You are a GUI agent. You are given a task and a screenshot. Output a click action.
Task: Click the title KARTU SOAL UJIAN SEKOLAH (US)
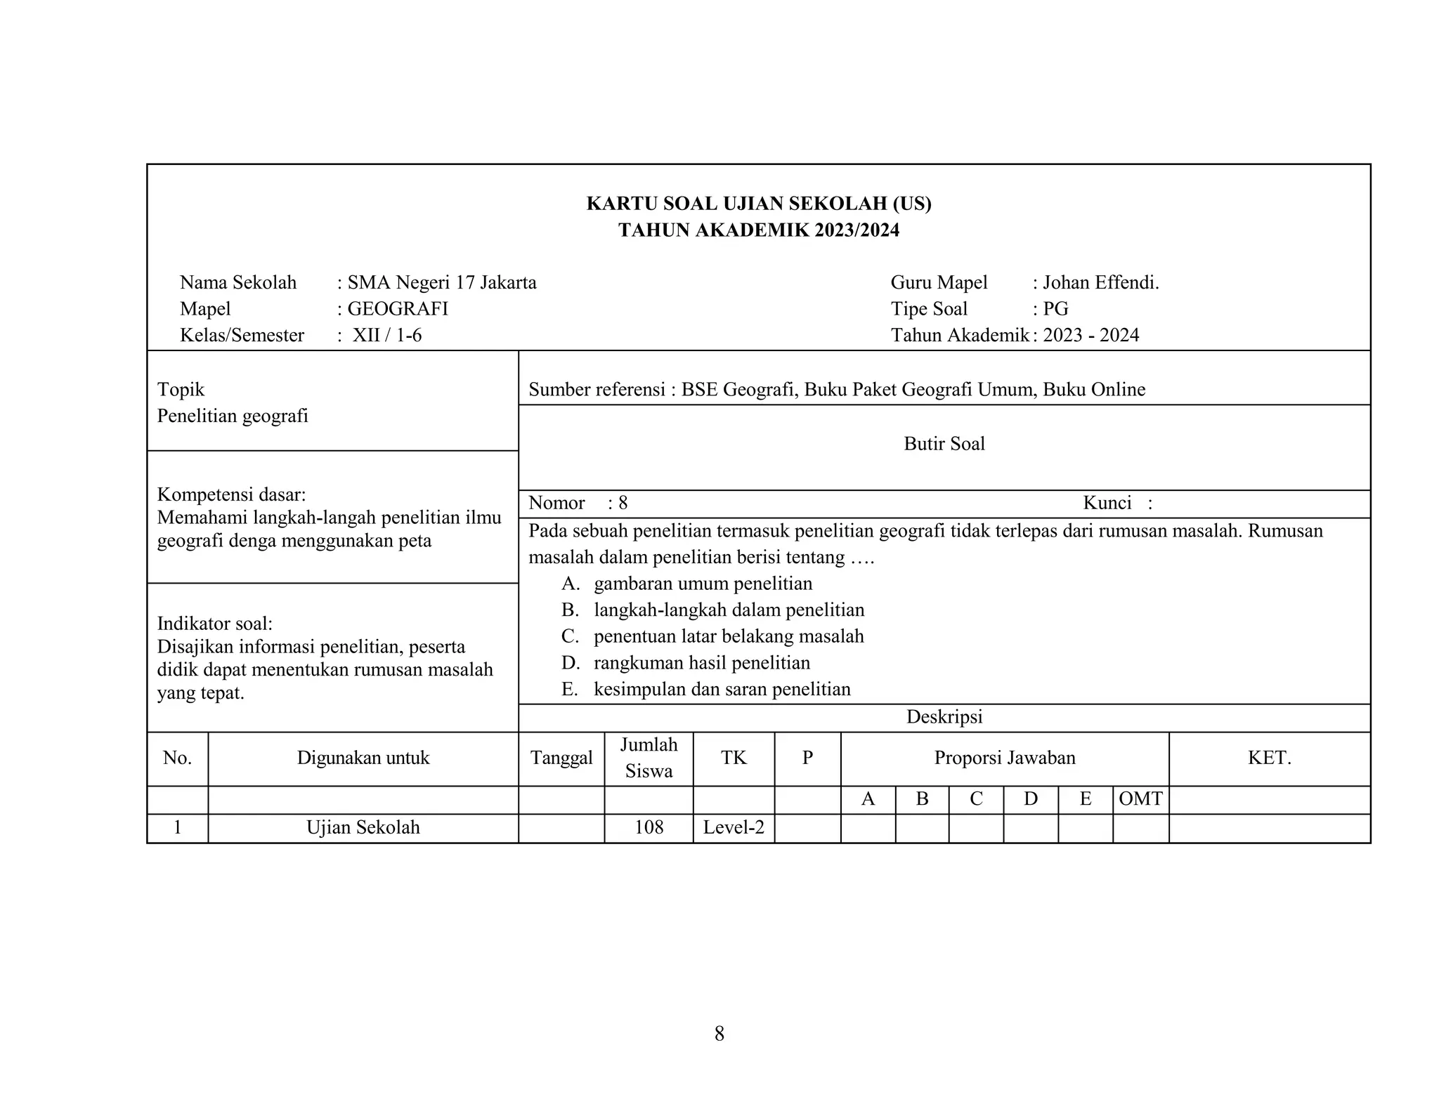tap(758, 204)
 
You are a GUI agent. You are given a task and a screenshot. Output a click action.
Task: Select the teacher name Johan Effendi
tap(1100, 282)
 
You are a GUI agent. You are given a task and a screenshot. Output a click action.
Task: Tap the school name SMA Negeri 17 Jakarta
tap(441, 282)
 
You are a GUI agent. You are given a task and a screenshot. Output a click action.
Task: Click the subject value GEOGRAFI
tap(397, 309)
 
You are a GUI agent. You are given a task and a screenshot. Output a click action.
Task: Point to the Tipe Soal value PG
tap(1055, 309)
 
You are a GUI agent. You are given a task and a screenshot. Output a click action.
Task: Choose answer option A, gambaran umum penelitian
tap(703, 584)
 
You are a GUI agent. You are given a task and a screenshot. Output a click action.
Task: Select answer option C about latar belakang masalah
tap(729, 636)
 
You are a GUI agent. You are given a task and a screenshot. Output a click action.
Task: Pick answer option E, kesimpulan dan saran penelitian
tap(722, 689)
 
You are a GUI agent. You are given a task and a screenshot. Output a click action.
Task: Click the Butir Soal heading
tap(944, 444)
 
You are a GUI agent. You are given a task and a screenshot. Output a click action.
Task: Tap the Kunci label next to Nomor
tap(1107, 503)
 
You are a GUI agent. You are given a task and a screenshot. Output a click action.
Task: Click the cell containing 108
tap(649, 827)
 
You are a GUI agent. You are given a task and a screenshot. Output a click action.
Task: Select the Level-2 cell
tap(734, 827)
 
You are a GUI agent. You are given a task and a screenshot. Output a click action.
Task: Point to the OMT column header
tap(1140, 799)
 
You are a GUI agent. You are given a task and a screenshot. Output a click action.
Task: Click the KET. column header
tap(1269, 758)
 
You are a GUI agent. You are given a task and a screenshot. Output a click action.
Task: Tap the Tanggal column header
tap(561, 758)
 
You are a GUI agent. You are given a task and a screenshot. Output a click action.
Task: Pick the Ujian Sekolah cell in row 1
tap(363, 827)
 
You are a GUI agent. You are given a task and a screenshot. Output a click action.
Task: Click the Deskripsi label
tap(944, 717)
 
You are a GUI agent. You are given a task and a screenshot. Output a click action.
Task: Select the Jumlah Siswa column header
tap(649, 758)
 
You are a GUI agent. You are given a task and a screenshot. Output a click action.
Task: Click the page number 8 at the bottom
tap(719, 1034)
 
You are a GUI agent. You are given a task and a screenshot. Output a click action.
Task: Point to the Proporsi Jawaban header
tap(1004, 758)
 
